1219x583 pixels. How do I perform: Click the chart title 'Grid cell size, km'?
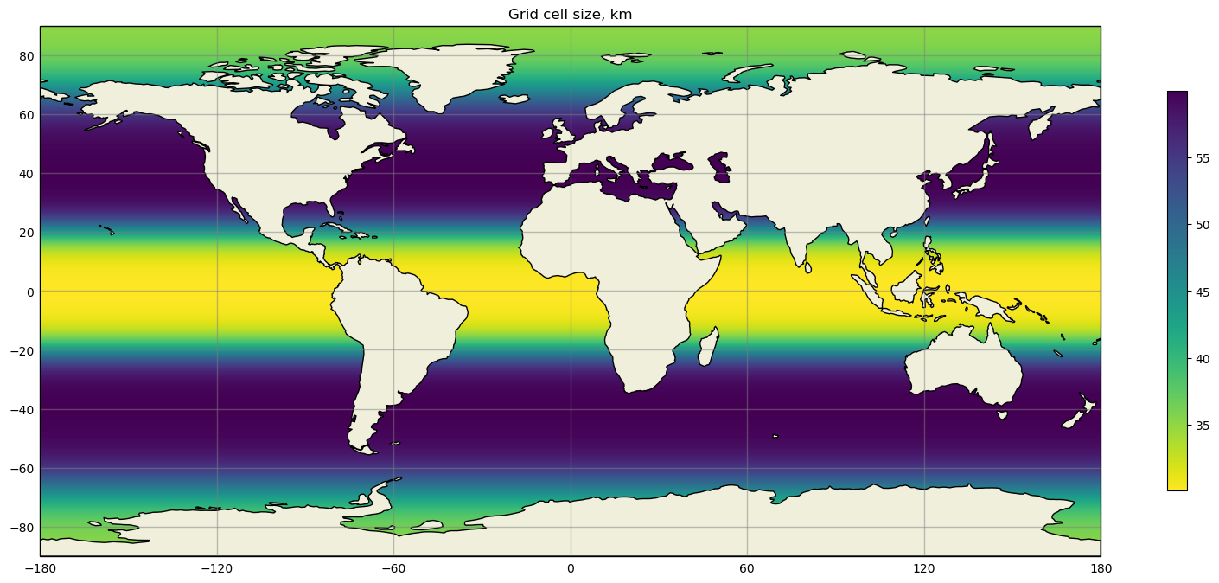pyautogui.click(x=570, y=14)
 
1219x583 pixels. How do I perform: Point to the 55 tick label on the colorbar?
pyautogui.click(x=1203, y=158)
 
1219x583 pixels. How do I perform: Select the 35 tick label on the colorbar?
pyautogui.click(x=1203, y=426)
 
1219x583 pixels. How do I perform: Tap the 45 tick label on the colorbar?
pyautogui.click(x=1203, y=292)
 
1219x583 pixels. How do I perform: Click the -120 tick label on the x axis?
pyautogui.click(x=216, y=568)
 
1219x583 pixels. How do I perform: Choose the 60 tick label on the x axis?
pyautogui.click(x=747, y=568)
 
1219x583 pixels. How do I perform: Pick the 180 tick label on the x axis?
pyautogui.click(x=1100, y=568)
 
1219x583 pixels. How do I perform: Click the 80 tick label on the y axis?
pyautogui.click(x=25, y=56)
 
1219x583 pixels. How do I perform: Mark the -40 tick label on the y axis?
pyautogui.click(x=22, y=410)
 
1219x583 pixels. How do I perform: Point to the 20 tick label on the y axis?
pyautogui.click(x=25, y=233)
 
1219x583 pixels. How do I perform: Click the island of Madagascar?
pyautogui.click(x=708, y=346)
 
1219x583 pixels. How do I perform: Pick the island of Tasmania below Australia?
pyautogui.click(x=1002, y=414)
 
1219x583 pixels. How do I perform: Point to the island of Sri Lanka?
pyautogui.click(x=807, y=268)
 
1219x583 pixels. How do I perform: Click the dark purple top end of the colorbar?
pyautogui.click(x=1177, y=95)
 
